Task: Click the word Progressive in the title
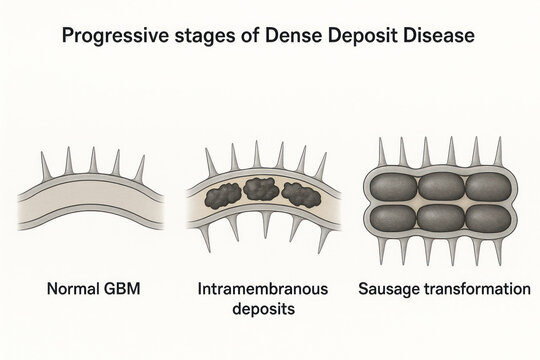(111, 36)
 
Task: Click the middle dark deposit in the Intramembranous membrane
(264, 189)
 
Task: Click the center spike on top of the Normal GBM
(92, 161)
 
